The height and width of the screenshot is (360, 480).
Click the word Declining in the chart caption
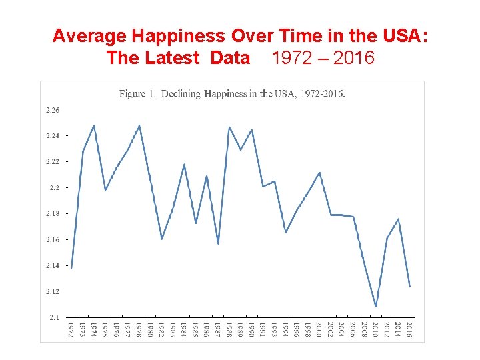click(181, 93)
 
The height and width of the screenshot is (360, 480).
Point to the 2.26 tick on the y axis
click(52, 110)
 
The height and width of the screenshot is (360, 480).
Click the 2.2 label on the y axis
click(54, 188)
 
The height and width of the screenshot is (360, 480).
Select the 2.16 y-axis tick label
click(52, 239)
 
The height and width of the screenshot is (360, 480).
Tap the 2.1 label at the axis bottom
click(54, 317)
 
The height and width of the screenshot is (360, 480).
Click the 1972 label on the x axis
click(71, 329)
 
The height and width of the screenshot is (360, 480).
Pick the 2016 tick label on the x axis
click(409, 329)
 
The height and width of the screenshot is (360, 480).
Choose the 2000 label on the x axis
click(319, 329)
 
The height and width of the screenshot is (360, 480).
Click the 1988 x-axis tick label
click(229, 329)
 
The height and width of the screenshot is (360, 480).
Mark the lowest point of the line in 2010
click(376, 307)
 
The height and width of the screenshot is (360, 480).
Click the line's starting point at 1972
click(71, 268)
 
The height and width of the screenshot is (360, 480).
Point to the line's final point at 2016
click(409, 287)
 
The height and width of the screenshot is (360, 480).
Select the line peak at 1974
click(94, 125)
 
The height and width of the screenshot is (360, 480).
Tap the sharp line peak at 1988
click(229, 127)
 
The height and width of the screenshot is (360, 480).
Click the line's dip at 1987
click(218, 244)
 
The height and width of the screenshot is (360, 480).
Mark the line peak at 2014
click(398, 219)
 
